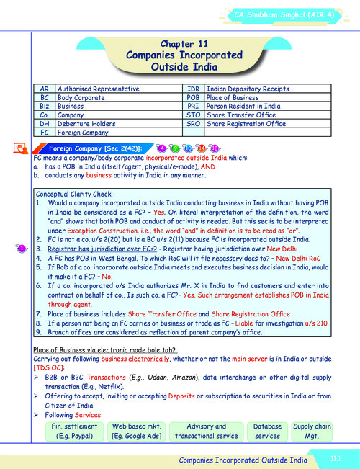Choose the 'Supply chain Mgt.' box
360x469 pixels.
312,431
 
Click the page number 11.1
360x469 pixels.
335,458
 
